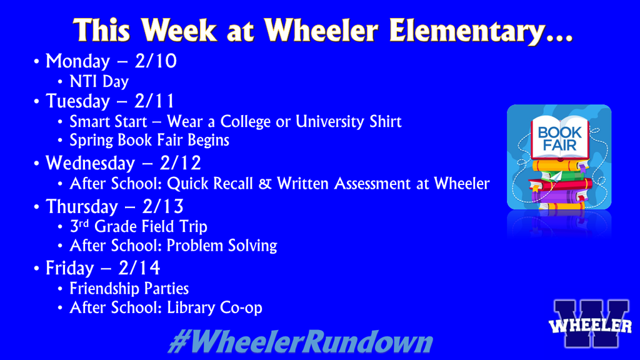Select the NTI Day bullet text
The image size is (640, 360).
[99, 81]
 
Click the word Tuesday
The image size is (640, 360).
[77, 101]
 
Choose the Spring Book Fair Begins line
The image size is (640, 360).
[149, 141]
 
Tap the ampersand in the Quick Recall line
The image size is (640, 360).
[267, 184]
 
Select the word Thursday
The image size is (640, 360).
[82, 206]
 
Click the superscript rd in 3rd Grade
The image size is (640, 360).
[84, 222]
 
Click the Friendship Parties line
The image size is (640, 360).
[129, 289]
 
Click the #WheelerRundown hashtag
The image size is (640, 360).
[300, 343]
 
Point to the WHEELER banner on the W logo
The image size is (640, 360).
[591, 326]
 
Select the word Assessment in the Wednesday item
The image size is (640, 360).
[379, 184]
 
